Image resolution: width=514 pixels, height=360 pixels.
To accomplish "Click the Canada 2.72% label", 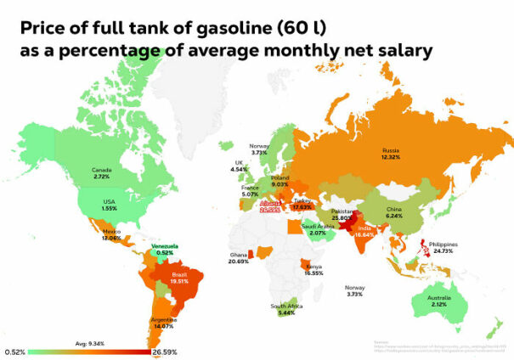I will [101, 173].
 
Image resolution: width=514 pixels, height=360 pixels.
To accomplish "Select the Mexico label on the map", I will [111, 233].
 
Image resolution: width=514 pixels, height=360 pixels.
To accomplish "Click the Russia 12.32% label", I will [390, 154].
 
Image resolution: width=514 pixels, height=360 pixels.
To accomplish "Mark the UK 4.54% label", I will [239, 166].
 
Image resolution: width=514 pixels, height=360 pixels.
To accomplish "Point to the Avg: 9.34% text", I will [89, 343].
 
